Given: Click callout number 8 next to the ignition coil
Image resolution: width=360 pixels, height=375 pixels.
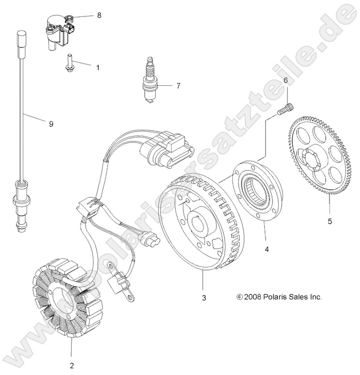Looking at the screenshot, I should (x=99, y=16).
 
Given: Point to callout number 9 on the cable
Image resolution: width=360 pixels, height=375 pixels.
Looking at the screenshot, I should (x=51, y=125).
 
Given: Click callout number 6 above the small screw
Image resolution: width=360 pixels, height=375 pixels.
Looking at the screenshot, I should (x=285, y=80).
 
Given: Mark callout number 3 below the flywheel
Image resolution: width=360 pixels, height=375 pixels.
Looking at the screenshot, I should (x=204, y=297).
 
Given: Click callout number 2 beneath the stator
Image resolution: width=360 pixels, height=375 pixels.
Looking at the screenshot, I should (x=71, y=365).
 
